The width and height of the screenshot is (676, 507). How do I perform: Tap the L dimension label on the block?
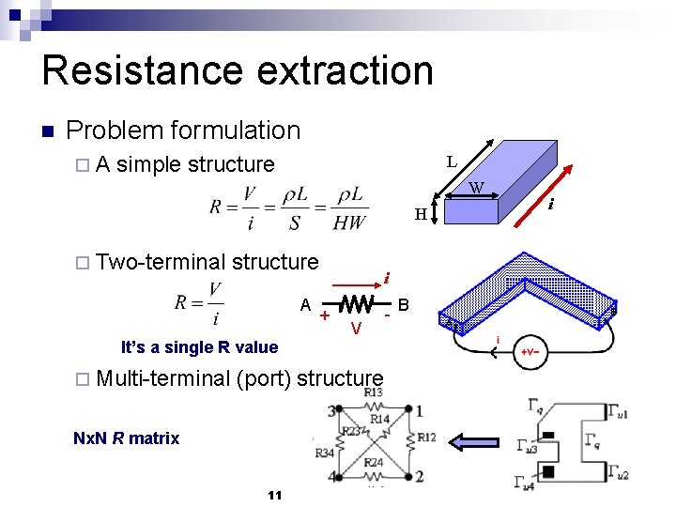pos(452,161)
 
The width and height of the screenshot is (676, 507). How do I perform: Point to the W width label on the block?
pos(477,188)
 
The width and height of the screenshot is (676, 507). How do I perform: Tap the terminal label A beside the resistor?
pos(305,304)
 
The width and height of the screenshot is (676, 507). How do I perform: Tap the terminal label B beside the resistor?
pos(404,304)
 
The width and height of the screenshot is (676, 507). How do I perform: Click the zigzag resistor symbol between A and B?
pos(355,305)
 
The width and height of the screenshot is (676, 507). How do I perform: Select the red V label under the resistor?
pos(356,328)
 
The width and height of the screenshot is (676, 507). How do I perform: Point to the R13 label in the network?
pos(373,392)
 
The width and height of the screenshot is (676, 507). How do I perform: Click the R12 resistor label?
pos(426,437)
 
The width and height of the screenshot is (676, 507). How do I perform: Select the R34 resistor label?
pos(324,453)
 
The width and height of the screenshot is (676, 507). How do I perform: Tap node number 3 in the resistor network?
pos(332,410)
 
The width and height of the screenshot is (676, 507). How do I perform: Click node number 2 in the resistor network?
pos(419,477)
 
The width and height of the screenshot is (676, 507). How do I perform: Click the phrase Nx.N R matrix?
pos(126,438)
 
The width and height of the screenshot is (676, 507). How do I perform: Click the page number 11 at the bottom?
pos(274,496)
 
